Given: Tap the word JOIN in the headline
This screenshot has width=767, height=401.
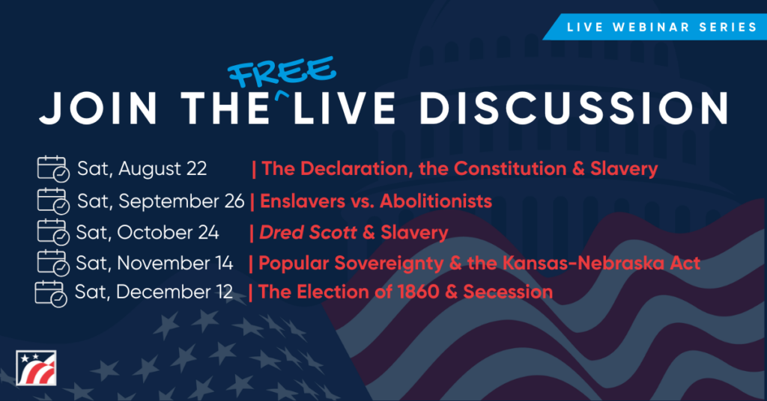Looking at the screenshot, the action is [98, 108].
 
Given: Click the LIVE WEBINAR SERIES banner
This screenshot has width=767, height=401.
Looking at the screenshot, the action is [655, 27].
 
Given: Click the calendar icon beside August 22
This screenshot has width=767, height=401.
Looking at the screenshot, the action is [53, 168].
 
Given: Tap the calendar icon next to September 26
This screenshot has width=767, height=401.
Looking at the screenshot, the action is [53, 200].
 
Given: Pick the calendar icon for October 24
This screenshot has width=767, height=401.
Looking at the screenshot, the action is [53, 232].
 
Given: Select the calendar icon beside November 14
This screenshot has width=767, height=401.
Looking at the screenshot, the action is [53, 263].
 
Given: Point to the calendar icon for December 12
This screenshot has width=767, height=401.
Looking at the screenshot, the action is [51, 293].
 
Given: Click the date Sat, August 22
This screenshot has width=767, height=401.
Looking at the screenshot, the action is [142, 168].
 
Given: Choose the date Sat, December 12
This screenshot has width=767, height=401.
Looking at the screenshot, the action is [154, 292].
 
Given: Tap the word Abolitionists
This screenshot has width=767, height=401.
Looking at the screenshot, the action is [436, 201].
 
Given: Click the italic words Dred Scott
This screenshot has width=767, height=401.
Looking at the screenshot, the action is [308, 233].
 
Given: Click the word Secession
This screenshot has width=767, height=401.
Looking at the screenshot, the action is [508, 292].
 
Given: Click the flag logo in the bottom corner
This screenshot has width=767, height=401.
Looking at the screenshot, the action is [36, 368].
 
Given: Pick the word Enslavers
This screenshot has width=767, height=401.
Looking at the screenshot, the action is [303, 201].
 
